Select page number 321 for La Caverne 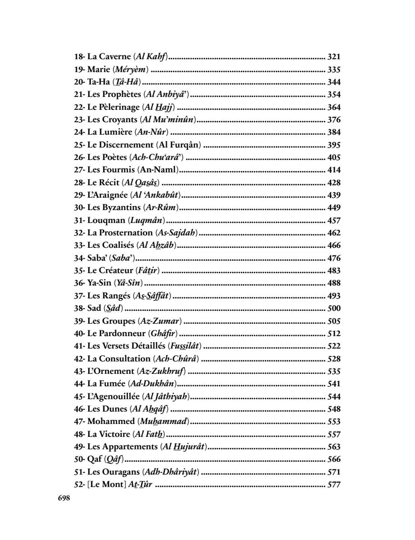click(x=334, y=57)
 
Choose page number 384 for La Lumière click(x=334, y=132)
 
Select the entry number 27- click(x=80, y=170)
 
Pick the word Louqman click(x=107, y=220)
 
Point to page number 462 click(x=334, y=233)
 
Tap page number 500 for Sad click(x=334, y=308)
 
